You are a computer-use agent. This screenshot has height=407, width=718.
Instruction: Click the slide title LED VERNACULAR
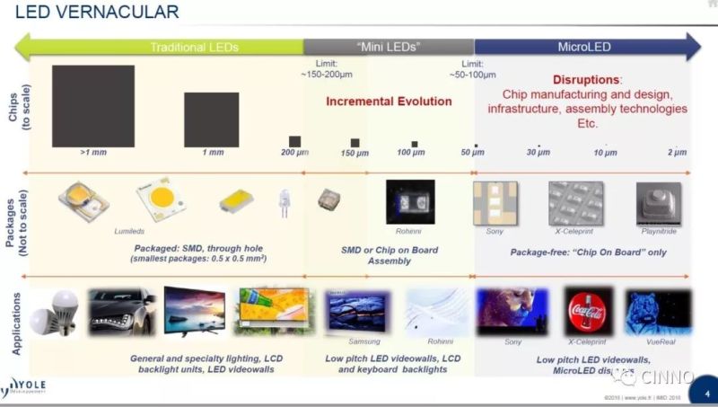tap(93, 12)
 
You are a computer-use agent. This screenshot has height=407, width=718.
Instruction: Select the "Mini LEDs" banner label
tap(389, 47)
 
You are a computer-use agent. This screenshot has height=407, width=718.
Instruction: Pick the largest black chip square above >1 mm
tap(93, 106)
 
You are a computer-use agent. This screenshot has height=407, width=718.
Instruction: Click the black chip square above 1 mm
tap(211, 119)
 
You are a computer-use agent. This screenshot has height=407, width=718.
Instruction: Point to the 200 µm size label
tap(294, 153)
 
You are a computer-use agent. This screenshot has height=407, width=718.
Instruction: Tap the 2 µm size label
tap(677, 153)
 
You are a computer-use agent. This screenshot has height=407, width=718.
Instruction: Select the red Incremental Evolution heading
tap(389, 102)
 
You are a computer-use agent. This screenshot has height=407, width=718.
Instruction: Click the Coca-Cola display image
tap(588, 311)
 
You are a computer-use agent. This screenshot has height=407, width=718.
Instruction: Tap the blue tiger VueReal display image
tap(658, 312)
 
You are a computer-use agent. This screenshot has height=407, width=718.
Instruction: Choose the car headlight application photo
tap(121, 312)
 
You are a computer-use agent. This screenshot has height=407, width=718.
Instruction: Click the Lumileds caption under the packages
tap(128, 231)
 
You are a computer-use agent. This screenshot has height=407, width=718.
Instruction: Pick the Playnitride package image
tap(658, 202)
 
